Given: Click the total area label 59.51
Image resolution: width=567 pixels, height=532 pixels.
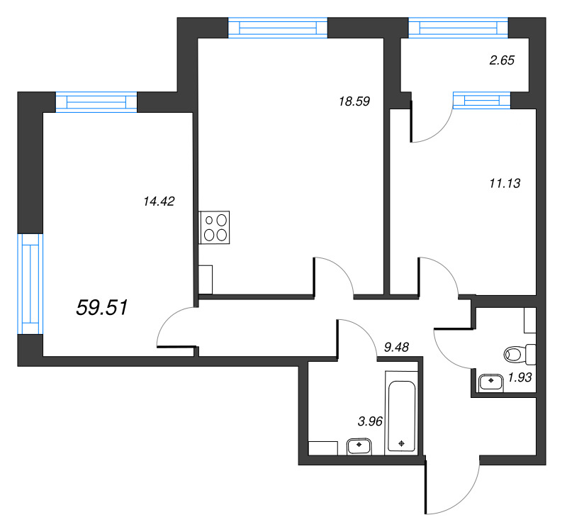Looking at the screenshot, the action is click(102, 308).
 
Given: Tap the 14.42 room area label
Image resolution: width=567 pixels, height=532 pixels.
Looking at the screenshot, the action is click(159, 201).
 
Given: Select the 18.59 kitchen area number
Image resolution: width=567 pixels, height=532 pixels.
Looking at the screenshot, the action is click(354, 101).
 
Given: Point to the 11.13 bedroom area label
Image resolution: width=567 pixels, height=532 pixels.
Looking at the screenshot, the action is click(505, 184).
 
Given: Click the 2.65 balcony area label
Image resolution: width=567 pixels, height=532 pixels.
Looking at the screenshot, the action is click(502, 60).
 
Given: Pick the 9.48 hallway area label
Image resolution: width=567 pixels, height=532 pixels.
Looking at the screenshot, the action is click(396, 348).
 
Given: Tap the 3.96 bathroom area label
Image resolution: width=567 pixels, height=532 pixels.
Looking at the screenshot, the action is click(370, 421).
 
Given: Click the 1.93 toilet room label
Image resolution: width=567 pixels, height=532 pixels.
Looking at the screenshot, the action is click(520, 378).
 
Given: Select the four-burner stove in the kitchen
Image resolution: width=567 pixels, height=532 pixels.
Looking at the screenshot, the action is click(215, 227).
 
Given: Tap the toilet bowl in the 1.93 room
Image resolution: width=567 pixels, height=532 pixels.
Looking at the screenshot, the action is click(520, 354).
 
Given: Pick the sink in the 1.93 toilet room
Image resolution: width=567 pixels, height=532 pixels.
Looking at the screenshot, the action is click(490, 383).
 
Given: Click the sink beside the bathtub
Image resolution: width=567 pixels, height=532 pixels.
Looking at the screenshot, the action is click(359, 447).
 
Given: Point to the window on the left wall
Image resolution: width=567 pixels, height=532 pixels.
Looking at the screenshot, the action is click(30, 284).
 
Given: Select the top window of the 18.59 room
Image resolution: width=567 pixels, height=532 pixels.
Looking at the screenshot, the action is click(278, 28).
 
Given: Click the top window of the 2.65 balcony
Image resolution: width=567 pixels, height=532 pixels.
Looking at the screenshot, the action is click(458, 28).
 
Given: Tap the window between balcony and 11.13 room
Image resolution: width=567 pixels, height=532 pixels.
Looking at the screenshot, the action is click(482, 100).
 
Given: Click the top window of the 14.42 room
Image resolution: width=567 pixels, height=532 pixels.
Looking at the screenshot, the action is click(96, 102).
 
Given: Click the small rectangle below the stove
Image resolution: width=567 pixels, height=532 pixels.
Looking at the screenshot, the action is click(206, 279).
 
